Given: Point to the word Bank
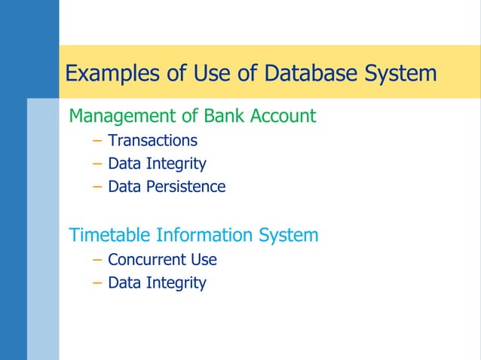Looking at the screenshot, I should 227,116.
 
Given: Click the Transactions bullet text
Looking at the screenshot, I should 152,140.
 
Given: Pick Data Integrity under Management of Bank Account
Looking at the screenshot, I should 157,163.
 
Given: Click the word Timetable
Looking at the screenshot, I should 109,235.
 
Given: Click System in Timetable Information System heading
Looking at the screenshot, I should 289,235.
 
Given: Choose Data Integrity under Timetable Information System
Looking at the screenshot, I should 157,283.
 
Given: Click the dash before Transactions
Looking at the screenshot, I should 96,141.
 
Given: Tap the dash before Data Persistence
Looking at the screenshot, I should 96,187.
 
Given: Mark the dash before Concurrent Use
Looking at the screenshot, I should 96,261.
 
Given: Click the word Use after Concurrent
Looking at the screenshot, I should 203,260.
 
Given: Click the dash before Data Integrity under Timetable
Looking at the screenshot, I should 96,284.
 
